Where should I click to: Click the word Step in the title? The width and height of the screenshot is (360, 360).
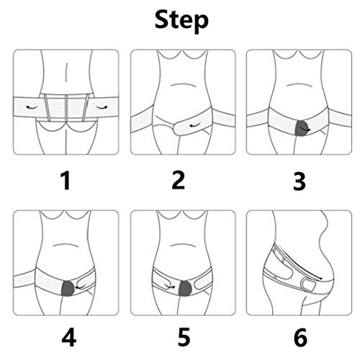[181, 21]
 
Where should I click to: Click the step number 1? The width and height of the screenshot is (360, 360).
[66, 181]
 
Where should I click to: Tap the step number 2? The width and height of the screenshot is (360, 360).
[179, 181]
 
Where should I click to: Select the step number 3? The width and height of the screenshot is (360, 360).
[300, 181]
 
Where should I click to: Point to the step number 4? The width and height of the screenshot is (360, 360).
[69, 337]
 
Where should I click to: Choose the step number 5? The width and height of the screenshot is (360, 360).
[184, 337]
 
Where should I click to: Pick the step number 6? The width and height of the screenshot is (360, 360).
[300, 337]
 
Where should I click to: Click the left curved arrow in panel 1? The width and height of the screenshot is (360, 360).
[32, 107]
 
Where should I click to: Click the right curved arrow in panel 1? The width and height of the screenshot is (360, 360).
[102, 107]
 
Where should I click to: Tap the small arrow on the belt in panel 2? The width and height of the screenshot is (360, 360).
[195, 125]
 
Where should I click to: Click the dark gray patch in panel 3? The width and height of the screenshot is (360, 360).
[302, 128]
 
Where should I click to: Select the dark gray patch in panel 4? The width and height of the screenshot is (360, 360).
[68, 288]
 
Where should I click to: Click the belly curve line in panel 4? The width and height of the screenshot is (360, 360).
[65, 245]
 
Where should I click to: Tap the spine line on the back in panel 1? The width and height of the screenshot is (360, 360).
[66, 73]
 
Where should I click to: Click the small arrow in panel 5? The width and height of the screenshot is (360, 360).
[168, 286]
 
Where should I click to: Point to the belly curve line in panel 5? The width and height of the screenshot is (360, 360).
[182, 246]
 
